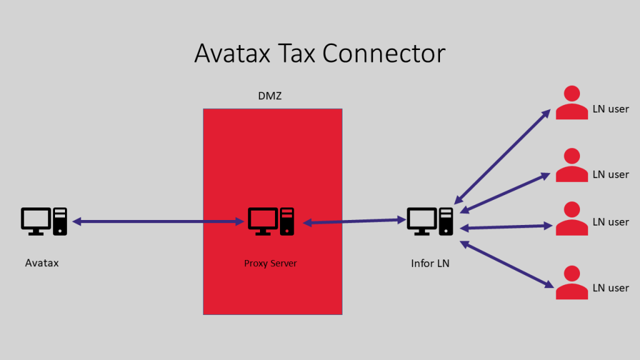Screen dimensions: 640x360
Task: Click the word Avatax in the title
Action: pyautogui.click(x=232, y=54)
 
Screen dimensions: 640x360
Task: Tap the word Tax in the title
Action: pyautogui.click(x=296, y=54)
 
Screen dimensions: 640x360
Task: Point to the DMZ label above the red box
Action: pyautogui.click(x=270, y=96)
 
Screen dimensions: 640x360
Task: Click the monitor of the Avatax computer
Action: pyautogui.click(x=36, y=221)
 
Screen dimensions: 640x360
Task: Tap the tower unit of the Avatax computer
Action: pyautogui.click(x=60, y=221)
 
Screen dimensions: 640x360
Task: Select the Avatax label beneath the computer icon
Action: pyautogui.click(x=42, y=263)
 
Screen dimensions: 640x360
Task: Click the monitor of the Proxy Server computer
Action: pyautogui.click(x=263, y=221)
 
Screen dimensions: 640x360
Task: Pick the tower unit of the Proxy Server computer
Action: pyautogui.click(x=287, y=221)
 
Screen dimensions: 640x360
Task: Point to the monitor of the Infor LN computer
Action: pyautogui.click(x=422, y=221)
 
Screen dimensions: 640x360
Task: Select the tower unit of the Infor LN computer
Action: pyautogui.click(x=446, y=221)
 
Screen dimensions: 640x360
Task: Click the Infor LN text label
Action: pyautogui.click(x=430, y=263)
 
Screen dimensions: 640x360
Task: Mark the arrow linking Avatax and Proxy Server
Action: pyautogui.click(x=158, y=222)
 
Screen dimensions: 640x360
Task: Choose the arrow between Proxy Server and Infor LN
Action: pyautogui.click(x=354, y=221)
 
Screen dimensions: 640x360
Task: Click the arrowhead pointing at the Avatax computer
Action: pyautogui.click(x=77, y=222)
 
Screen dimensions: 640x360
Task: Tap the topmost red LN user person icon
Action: pyautogui.click(x=572, y=102)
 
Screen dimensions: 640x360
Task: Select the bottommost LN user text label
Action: pyautogui.click(x=611, y=288)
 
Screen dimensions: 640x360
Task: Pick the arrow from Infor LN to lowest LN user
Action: pyautogui.click(x=507, y=264)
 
